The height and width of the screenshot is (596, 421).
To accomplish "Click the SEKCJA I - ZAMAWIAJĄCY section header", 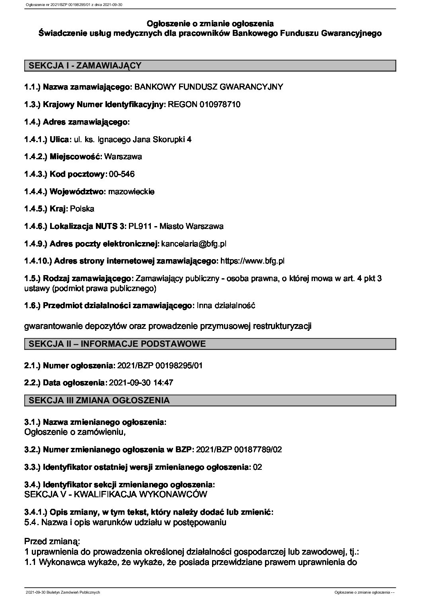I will (83, 66).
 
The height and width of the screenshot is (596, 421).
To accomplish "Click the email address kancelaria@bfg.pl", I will (194, 244).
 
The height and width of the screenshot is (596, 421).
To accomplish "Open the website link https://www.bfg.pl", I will (252, 261).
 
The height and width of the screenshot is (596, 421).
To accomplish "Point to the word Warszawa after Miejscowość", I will (123, 156).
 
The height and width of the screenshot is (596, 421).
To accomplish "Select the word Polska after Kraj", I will (82, 209).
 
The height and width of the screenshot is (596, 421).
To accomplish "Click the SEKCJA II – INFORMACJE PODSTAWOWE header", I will (115, 344).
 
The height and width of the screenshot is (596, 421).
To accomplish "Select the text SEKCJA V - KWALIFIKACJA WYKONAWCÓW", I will (116, 494).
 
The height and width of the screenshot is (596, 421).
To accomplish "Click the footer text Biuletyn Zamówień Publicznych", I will (76, 592).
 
